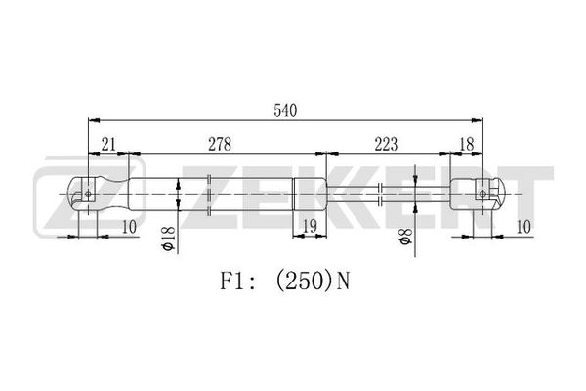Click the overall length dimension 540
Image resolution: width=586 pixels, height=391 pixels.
coord(285,110)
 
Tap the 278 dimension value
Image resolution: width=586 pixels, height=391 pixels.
coord(220,144)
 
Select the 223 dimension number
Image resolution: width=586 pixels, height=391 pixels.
coord(386,144)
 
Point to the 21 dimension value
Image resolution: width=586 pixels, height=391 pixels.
coord(108,144)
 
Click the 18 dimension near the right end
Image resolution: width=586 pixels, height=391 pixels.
coord(467,144)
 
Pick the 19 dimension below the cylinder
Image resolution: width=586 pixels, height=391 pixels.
coord(309,226)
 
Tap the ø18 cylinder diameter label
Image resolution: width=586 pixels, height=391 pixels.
coord(169,239)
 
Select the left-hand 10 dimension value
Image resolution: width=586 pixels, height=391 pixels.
coord(129,227)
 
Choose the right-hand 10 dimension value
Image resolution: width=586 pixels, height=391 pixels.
coord(523,227)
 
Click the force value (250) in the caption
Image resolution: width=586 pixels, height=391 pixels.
coord(303,282)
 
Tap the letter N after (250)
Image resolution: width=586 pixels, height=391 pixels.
coord(343,282)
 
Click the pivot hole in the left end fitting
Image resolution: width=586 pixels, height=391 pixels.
coord(88,194)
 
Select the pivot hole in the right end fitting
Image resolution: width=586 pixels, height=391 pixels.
coord(482,194)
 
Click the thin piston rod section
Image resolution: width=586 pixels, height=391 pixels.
coord(389,194)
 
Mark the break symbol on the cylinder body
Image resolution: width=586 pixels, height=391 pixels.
coord(209,195)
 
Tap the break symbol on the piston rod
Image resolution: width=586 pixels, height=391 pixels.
coord(380,195)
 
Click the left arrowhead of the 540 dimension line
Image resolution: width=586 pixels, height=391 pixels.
coord(94,120)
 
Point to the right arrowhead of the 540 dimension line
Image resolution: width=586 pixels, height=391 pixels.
coord(478,120)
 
